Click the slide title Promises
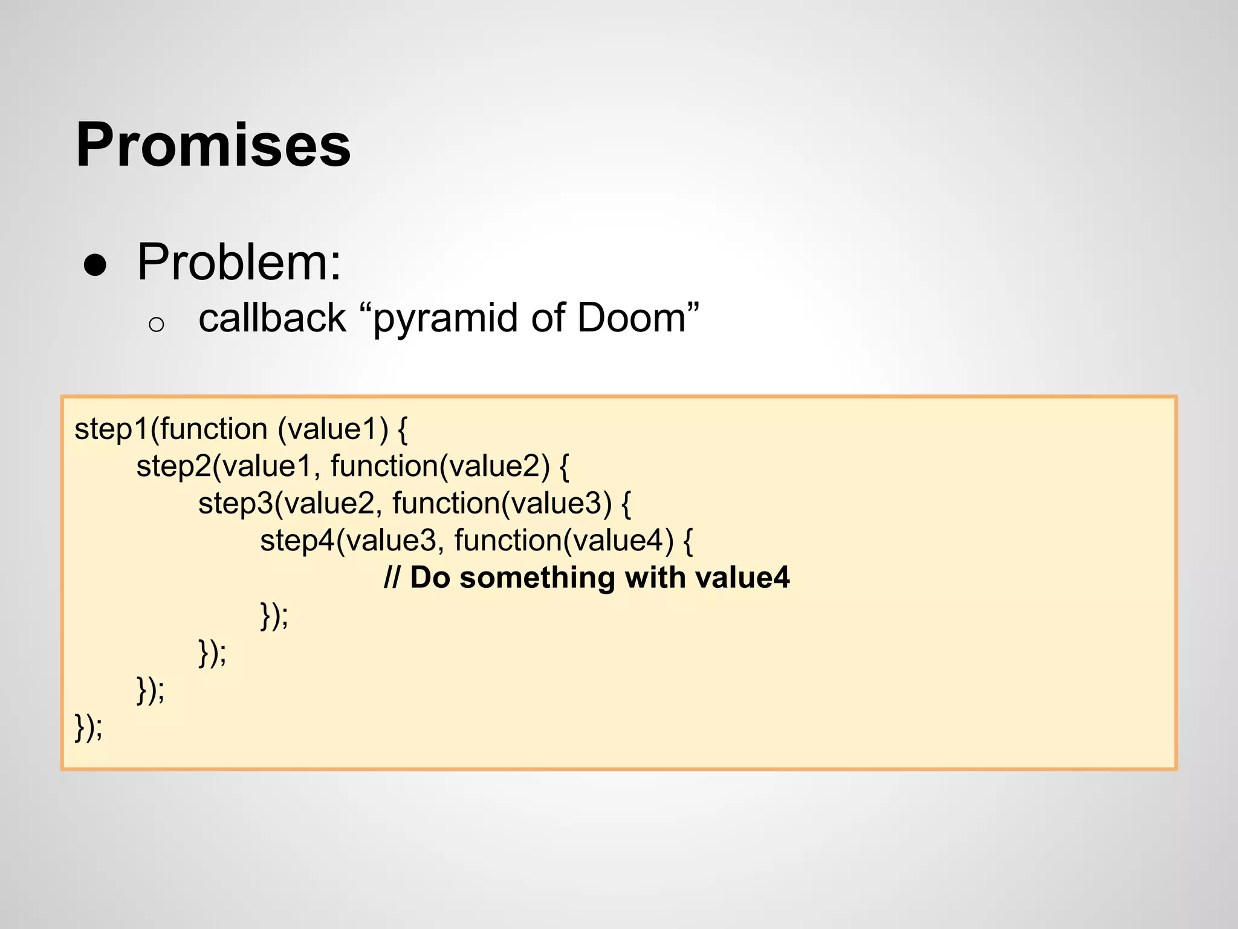213,145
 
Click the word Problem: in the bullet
239,262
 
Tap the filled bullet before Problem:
96,265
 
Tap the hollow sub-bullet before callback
156,325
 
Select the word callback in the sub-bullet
272,318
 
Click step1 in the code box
111,430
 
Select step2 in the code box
173,467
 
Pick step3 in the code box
235,504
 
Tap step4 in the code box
297,541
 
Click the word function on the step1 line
213,429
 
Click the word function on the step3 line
446,504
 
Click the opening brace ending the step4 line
688,541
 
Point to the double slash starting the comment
391,578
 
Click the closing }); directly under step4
274,615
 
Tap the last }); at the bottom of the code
88,727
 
